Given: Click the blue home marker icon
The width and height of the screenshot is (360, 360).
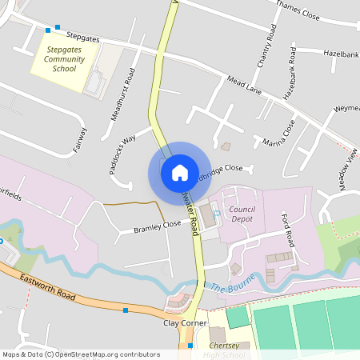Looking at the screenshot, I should pos(180,172).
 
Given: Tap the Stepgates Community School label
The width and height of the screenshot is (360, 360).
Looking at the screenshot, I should pos(65,59).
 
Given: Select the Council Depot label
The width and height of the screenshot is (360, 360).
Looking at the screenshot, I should pos(242,214).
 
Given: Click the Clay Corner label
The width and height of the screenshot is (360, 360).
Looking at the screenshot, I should pos(181,326).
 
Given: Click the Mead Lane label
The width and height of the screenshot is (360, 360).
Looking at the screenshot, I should pos(245,84).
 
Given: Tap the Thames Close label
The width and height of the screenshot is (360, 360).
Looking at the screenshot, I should pos(298,9).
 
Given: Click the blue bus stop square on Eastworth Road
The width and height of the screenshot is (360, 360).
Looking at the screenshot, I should pos(126,310).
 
